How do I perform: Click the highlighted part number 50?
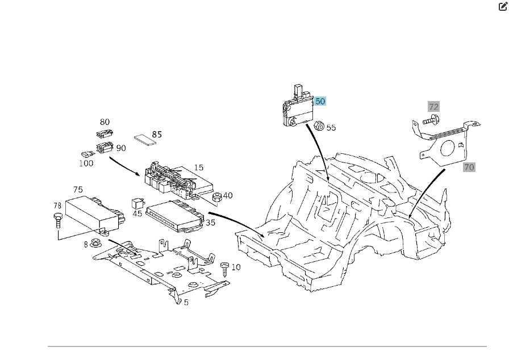click(x=320, y=101)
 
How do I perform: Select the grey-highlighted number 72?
click(x=433, y=107)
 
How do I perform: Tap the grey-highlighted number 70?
click(x=469, y=167)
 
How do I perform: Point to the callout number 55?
click(x=331, y=128)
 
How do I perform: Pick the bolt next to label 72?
click(x=431, y=120)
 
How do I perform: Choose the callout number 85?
click(x=157, y=135)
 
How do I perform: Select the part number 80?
click(x=105, y=122)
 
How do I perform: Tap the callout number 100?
click(x=86, y=163)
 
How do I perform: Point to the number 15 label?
click(x=199, y=168)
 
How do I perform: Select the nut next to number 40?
click(x=216, y=196)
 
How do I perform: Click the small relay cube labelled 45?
click(x=137, y=202)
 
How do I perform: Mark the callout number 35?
click(x=210, y=223)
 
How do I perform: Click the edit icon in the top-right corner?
click(x=502, y=7)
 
